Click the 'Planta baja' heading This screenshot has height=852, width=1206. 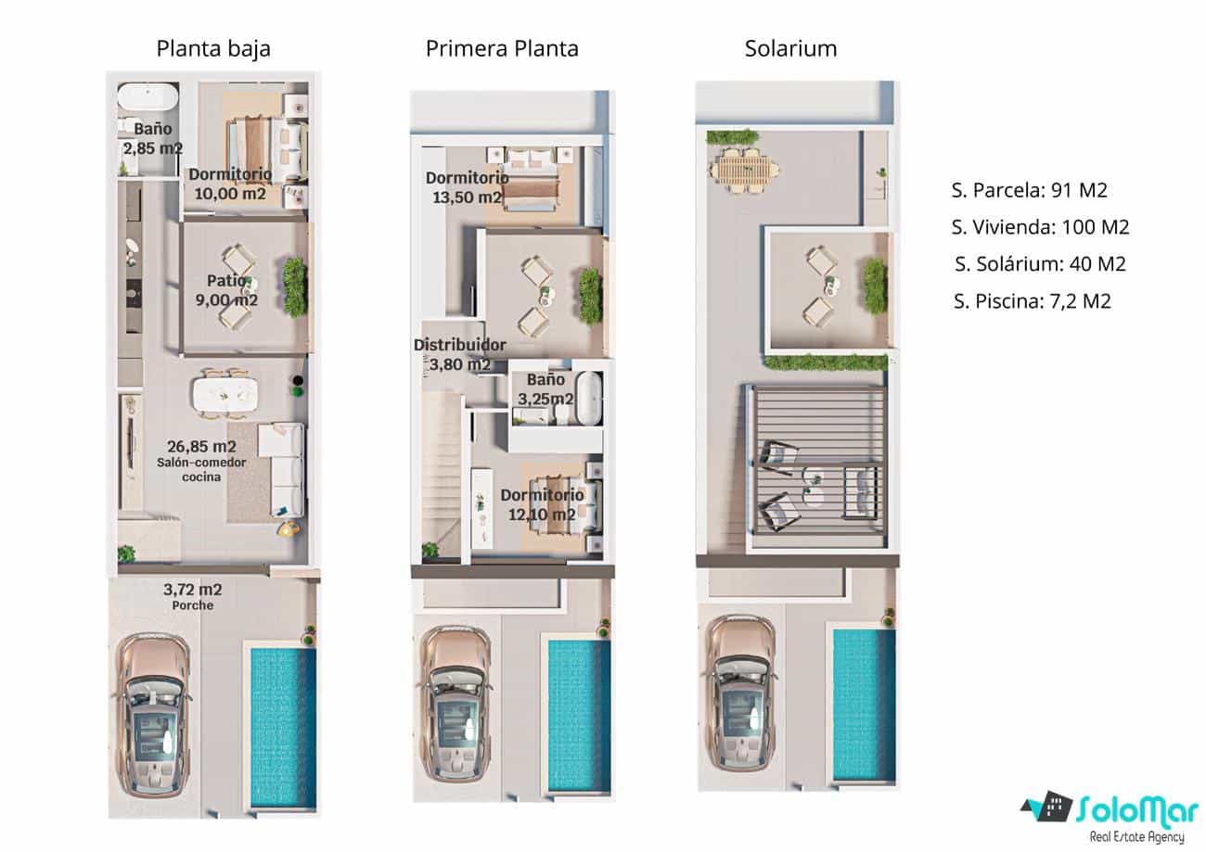coord(213,49)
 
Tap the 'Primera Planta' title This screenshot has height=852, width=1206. coord(502,49)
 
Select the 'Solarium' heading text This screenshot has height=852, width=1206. coord(790,49)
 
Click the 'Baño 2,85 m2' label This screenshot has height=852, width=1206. coord(152,138)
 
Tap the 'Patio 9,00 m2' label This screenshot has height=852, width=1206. coord(227,289)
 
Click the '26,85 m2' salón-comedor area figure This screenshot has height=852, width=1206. coord(200,444)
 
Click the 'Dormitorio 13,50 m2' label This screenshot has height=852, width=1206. coord(467,187)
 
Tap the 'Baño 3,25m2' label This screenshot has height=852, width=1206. coord(545,389)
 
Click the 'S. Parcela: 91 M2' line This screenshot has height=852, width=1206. coord(1029,191)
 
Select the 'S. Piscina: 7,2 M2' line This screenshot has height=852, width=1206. coord(1032,300)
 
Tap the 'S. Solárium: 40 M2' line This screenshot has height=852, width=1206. coord(1039,264)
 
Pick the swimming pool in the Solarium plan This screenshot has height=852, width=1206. coord(863,705)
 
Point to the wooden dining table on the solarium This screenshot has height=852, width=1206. coord(743,171)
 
